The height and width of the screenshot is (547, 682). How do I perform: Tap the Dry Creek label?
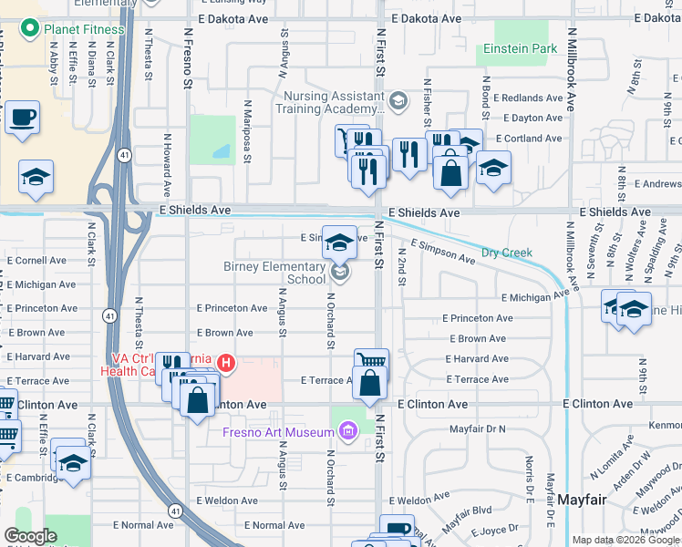pos(506,253)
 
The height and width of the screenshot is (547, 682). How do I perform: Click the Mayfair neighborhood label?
pos(583,500)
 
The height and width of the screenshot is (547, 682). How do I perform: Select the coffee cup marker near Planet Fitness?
pos(24,117)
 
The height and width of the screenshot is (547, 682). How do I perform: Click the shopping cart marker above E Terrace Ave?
pos(371,363)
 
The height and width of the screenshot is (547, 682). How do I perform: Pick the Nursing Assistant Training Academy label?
pos(333,102)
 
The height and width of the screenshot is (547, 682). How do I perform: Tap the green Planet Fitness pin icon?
pos(31,29)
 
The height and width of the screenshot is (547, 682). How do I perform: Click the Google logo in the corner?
pos(30,537)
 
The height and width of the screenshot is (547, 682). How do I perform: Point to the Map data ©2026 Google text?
pos(625,541)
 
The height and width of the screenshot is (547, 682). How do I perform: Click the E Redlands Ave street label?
pos(528,98)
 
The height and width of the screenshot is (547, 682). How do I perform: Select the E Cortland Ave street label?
pos(529,139)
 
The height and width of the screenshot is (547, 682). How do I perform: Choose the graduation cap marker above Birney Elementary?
pos(340,242)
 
